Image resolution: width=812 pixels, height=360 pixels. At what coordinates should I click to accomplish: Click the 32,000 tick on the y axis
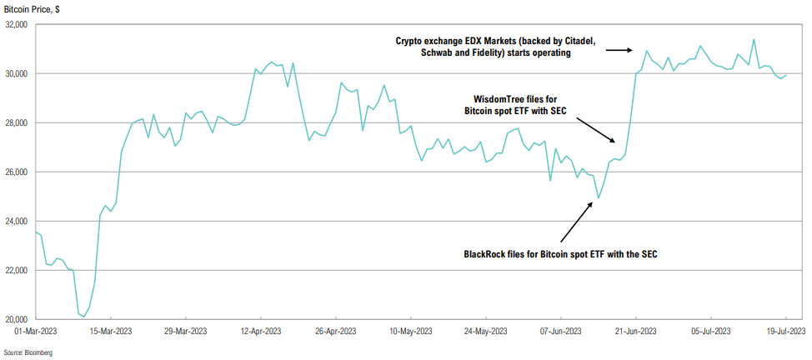click(x=16, y=25)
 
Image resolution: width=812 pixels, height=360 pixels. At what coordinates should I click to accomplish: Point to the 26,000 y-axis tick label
click(x=16, y=172)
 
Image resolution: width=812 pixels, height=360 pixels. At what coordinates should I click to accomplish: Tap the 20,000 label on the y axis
click(x=16, y=319)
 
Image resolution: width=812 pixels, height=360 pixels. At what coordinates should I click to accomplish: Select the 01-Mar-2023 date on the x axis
click(x=36, y=331)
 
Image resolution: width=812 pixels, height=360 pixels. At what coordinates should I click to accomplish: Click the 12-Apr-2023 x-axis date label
click(x=261, y=331)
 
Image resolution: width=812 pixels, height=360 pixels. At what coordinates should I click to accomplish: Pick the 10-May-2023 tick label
click(x=411, y=331)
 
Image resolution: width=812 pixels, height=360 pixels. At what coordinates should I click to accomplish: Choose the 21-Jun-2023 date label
click(x=636, y=331)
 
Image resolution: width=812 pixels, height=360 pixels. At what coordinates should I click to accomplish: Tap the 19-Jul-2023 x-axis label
click(x=785, y=331)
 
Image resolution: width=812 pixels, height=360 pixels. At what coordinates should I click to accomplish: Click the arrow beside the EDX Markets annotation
click(x=616, y=50)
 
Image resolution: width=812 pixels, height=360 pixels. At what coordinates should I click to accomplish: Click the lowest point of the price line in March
click(x=84, y=317)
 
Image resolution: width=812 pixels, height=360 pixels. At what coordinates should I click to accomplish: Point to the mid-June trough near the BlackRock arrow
click(x=599, y=198)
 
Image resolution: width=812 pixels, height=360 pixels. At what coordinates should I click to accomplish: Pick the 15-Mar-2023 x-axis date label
click(x=111, y=331)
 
